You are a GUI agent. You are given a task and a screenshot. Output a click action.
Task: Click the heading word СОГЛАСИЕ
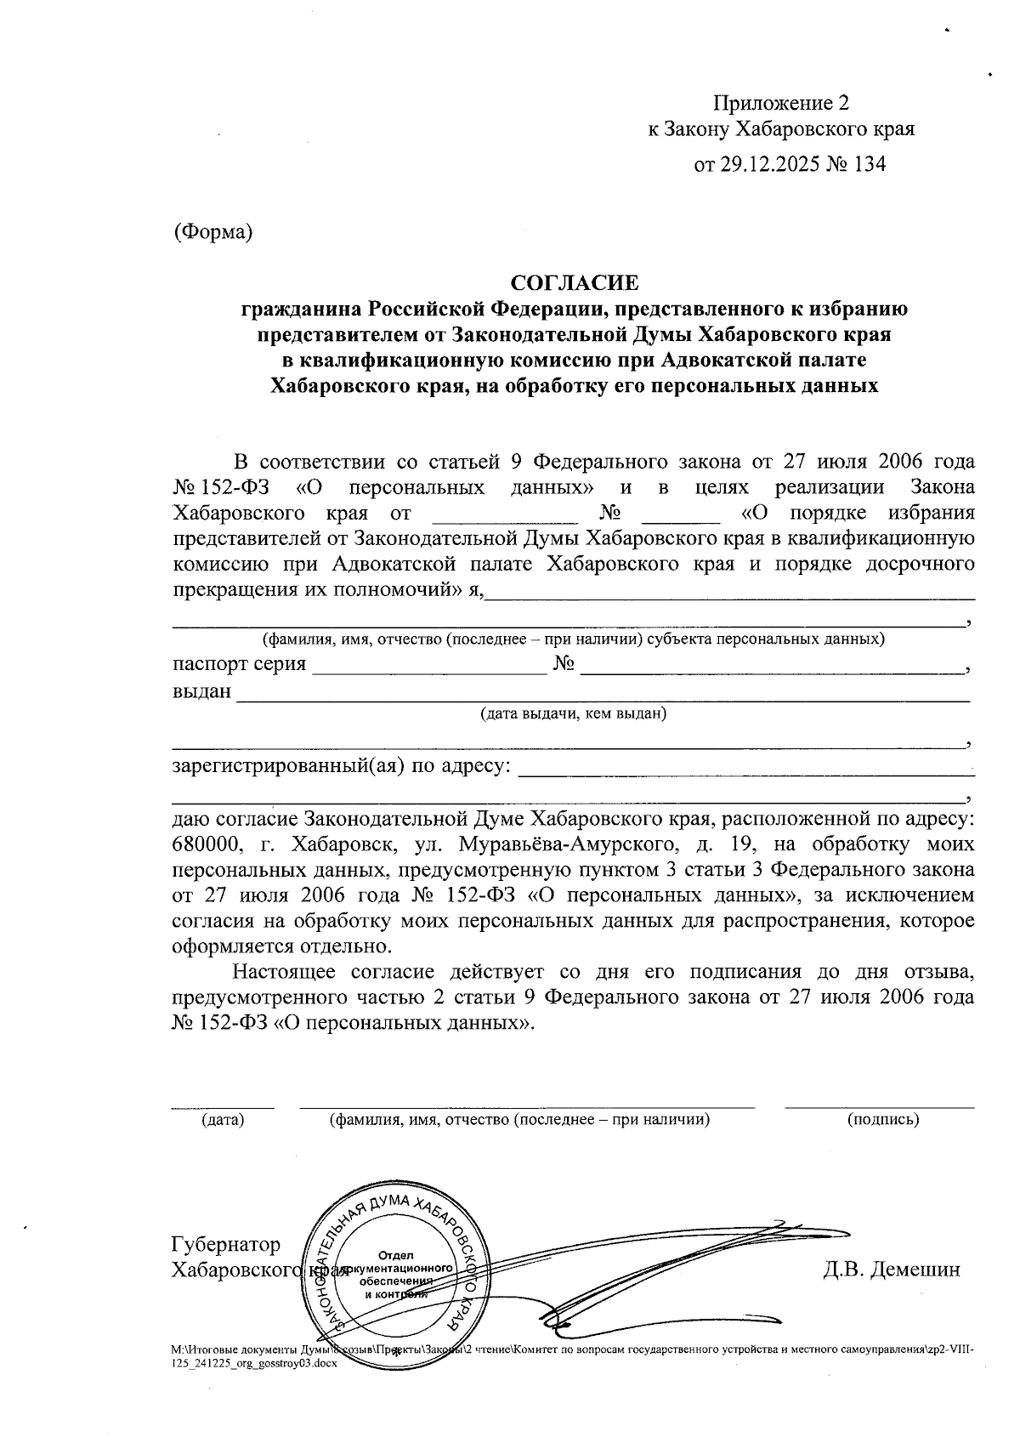573,281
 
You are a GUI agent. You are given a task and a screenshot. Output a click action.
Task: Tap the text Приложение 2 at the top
780,104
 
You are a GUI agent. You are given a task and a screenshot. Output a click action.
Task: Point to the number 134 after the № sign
867,164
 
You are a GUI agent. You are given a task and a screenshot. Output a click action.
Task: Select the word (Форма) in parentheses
212,231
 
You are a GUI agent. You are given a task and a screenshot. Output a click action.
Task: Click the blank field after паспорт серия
429,665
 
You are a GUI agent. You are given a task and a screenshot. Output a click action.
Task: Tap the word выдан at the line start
201,691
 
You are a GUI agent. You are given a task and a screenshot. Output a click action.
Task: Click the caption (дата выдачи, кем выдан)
573,713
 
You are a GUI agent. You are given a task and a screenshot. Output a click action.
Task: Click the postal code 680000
209,845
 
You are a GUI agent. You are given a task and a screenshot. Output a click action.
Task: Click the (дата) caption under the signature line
223,1120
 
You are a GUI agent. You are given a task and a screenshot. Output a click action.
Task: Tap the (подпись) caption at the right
883,1120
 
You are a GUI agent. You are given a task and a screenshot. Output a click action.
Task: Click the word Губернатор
225,1244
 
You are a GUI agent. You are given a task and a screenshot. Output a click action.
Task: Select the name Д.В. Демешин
891,1270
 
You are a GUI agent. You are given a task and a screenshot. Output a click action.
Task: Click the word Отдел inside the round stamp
395,1256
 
